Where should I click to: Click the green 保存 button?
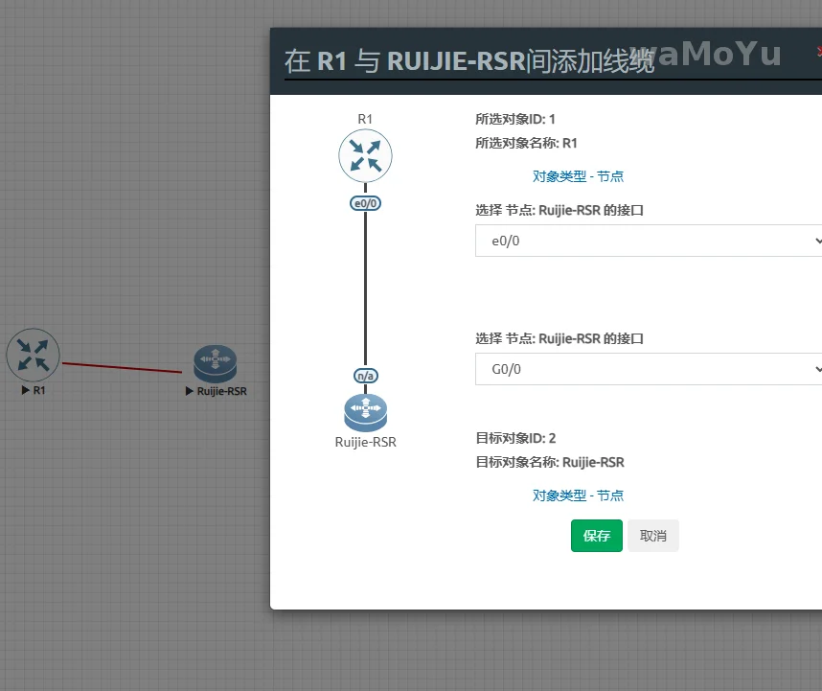point(596,536)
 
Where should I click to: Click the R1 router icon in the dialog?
point(365,156)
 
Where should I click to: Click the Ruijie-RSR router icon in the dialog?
point(365,412)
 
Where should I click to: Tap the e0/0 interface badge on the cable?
point(365,203)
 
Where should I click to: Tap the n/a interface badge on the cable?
point(365,376)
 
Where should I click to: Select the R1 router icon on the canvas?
point(34,355)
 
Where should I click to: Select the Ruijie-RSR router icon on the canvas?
point(215,363)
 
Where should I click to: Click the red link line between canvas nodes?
point(122,367)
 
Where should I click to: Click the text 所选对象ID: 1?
point(515,120)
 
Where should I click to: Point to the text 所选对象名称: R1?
point(526,144)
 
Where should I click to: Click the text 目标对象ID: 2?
point(515,439)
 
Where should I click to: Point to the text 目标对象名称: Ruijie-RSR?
point(550,463)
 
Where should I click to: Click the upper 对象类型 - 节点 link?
point(578,176)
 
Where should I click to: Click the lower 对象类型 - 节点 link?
point(578,495)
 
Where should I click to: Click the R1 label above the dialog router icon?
point(365,119)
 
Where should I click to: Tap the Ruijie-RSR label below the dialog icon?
point(365,442)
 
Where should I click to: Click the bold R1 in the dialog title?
point(331,61)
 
